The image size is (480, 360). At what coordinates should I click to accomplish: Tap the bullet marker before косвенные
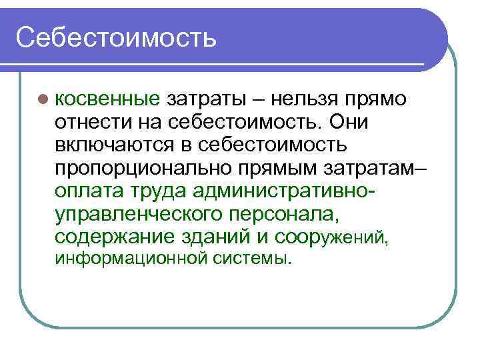tap(43, 100)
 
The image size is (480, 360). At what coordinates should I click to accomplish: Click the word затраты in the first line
tap(209, 100)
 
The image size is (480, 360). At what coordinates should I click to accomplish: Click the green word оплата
tap(88, 191)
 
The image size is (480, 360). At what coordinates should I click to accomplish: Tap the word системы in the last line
tap(252, 257)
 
